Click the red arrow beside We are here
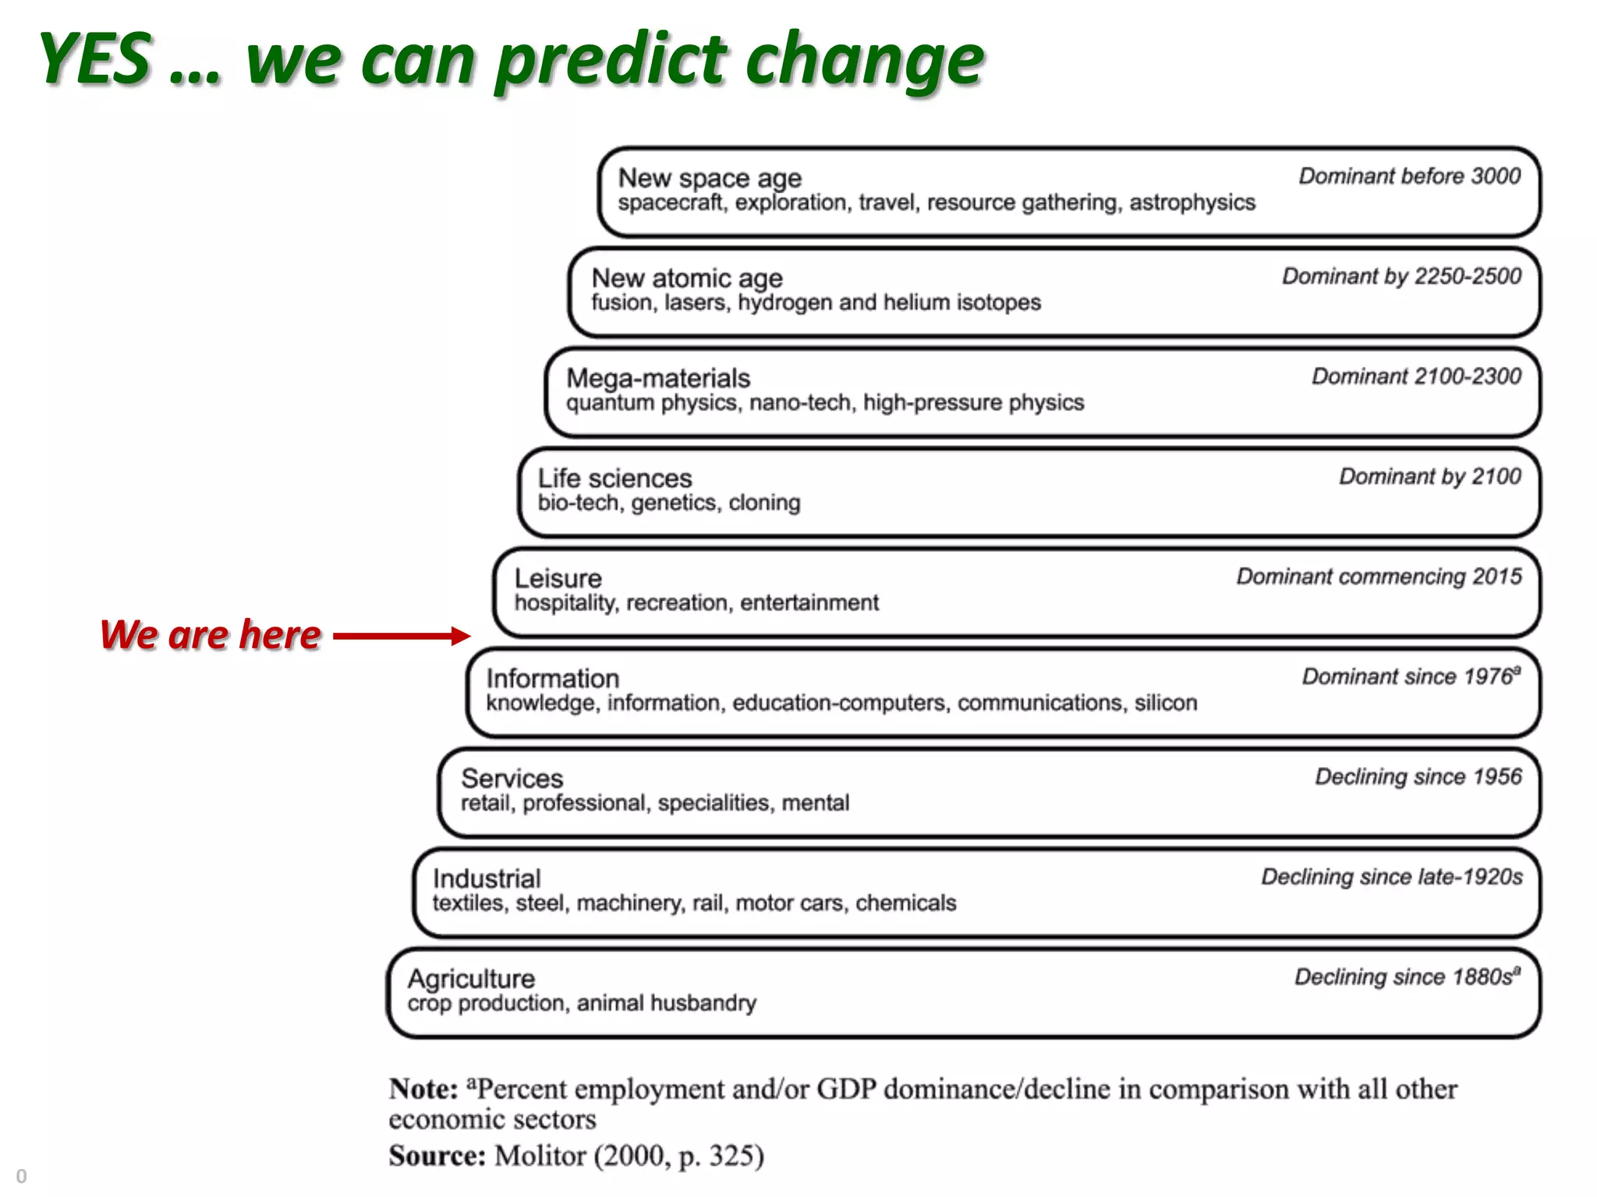[x=402, y=636]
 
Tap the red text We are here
[x=211, y=634]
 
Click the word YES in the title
[x=95, y=59]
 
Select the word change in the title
[x=864, y=62]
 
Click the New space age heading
[x=710, y=178]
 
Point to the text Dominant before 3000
[x=1409, y=176]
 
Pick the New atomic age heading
[x=687, y=278]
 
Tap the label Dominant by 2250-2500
[x=1401, y=276]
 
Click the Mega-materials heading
[x=658, y=379]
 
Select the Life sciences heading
[x=614, y=478]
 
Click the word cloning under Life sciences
[x=764, y=503]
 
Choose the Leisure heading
[x=558, y=578]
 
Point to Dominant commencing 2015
[x=1379, y=577]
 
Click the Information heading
[x=553, y=679]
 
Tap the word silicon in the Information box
[x=1166, y=703]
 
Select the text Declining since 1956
[x=1418, y=777]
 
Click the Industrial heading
[x=487, y=879]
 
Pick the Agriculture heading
[x=471, y=979]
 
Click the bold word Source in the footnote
[x=437, y=1156]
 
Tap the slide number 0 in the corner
[x=21, y=1176]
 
